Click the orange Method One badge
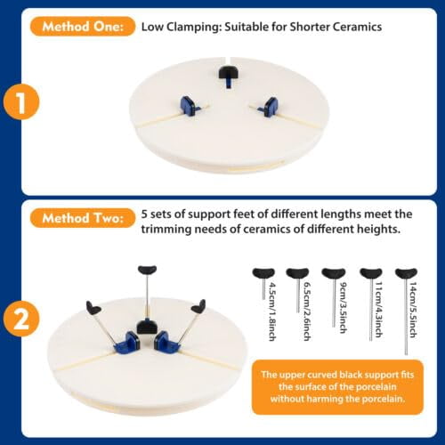(x=83, y=27)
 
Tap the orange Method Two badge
(x=83, y=218)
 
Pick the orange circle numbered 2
(x=21, y=319)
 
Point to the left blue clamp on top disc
(x=189, y=105)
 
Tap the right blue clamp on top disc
(x=268, y=106)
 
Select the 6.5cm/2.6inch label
(x=307, y=311)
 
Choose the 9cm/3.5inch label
(x=344, y=307)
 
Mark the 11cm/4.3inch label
(x=379, y=310)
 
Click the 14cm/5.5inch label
(x=413, y=310)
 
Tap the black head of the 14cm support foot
(x=407, y=273)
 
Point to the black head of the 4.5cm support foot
(x=263, y=273)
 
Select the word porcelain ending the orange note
(x=383, y=399)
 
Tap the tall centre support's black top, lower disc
(x=148, y=270)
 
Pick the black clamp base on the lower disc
(x=146, y=327)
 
